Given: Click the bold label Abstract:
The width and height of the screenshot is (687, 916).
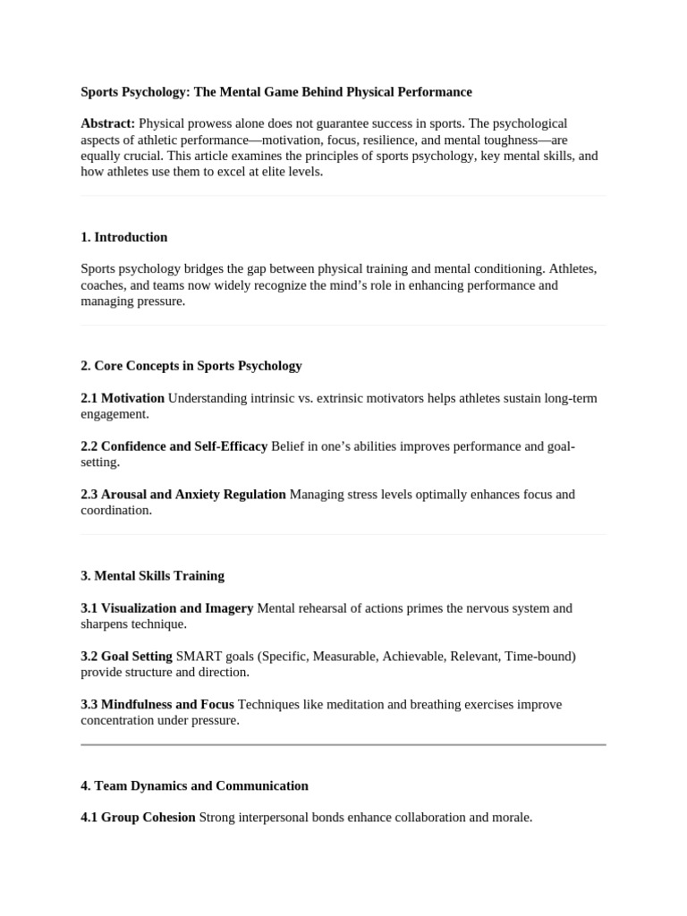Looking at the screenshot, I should point(107,123).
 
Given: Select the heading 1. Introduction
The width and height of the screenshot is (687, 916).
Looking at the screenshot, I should point(123,237).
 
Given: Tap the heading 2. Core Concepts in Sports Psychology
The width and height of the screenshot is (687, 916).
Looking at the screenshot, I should point(191,366).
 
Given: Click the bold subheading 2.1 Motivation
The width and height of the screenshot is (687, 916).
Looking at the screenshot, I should point(123,398).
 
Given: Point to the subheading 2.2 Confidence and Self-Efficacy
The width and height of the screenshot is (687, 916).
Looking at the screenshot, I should point(174,446).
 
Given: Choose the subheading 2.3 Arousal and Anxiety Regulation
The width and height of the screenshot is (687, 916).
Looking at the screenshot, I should point(183,495).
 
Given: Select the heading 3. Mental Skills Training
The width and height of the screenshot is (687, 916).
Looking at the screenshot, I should point(152,576).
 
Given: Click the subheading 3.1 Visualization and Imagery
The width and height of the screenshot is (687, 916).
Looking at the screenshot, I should point(166,608).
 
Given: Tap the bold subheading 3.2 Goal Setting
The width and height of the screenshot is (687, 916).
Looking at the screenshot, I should point(126,657).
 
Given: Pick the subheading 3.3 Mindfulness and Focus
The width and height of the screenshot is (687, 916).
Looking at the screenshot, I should point(157,705).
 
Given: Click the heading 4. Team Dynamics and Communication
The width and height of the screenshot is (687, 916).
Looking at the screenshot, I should point(194,786).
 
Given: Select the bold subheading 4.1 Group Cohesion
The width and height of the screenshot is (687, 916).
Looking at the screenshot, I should point(138,818).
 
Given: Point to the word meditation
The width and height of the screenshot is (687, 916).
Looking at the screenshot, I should point(360,705).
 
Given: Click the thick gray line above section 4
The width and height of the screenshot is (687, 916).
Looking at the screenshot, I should point(343,744).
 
